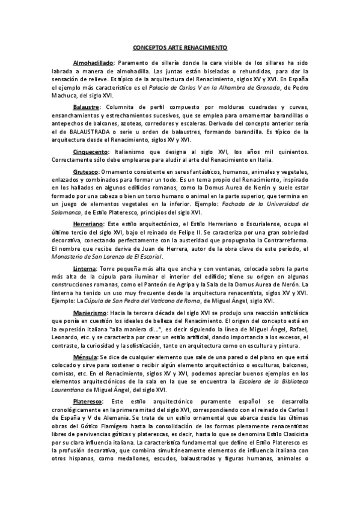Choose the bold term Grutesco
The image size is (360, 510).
(x=85, y=171)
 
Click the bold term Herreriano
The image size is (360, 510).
(x=88, y=222)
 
